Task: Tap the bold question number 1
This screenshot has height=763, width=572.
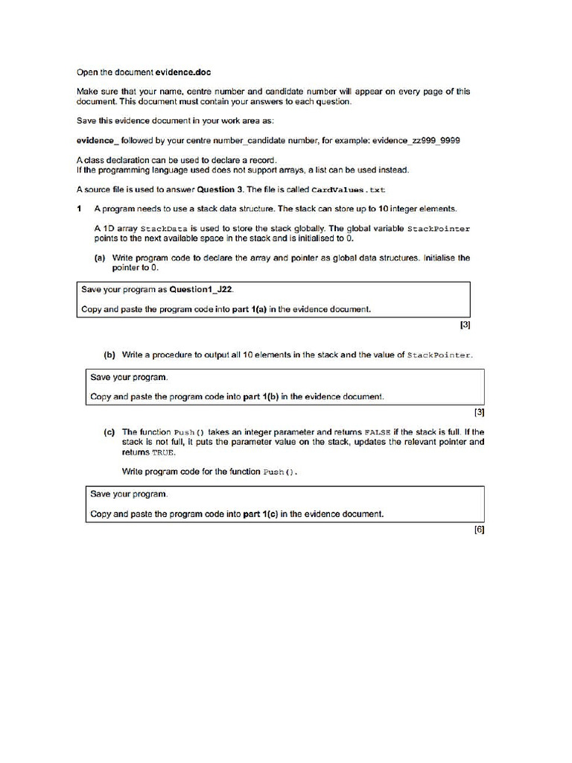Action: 80,209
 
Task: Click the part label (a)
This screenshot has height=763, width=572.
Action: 100,258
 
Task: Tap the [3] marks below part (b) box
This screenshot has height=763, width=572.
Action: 479,411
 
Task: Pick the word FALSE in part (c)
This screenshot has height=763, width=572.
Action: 378,431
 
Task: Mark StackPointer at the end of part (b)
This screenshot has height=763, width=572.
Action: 439,355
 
